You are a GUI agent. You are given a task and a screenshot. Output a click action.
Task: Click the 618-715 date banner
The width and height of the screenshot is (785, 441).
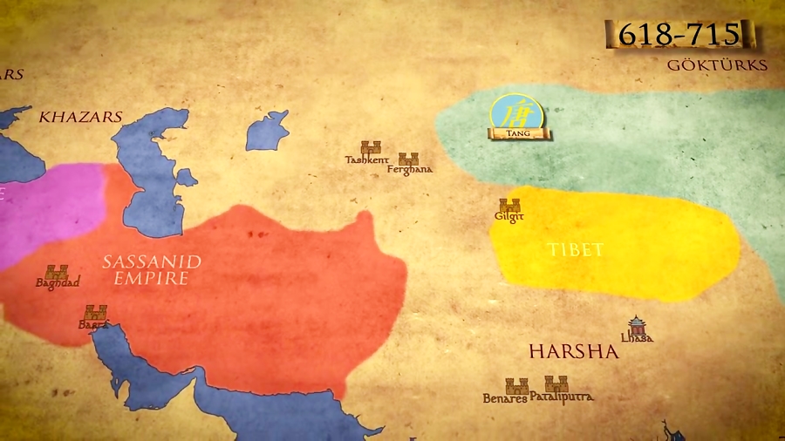(679, 35)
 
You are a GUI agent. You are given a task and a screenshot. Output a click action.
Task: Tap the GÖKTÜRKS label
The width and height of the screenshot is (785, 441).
(717, 65)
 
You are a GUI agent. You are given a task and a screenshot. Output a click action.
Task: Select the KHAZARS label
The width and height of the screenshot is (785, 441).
(81, 116)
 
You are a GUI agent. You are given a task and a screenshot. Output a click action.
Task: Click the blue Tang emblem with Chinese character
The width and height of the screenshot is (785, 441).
(516, 113)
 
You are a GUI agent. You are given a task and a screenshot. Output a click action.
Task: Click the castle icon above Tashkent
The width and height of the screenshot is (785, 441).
(371, 147)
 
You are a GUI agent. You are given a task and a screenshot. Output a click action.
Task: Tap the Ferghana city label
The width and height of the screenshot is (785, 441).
(410, 169)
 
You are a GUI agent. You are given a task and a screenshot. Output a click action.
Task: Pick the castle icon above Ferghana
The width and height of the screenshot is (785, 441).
(408, 159)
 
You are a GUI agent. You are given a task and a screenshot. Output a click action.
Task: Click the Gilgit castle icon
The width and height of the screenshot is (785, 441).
(509, 206)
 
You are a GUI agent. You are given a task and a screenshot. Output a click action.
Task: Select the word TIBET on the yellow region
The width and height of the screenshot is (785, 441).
(576, 250)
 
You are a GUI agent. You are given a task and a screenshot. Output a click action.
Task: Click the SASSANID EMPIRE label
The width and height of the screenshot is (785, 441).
(152, 270)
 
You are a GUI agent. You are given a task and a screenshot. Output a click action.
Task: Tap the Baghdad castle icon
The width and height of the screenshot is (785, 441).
(57, 272)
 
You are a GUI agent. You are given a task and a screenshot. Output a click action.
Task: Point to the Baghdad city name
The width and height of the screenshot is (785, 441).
(58, 283)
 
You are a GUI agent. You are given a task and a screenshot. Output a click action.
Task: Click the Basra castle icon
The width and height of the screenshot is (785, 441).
(95, 312)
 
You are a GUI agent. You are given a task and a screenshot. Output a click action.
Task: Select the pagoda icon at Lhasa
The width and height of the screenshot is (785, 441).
(637, 325)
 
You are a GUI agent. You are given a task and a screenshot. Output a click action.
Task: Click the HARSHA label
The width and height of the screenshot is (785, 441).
(573, 351)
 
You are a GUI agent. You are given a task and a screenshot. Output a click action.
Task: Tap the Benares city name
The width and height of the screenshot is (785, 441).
(505, 398)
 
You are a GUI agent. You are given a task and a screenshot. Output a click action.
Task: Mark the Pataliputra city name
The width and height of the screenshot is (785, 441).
(562, 397)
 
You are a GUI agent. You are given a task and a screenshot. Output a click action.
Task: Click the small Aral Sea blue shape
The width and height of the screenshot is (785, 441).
(266, 131)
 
